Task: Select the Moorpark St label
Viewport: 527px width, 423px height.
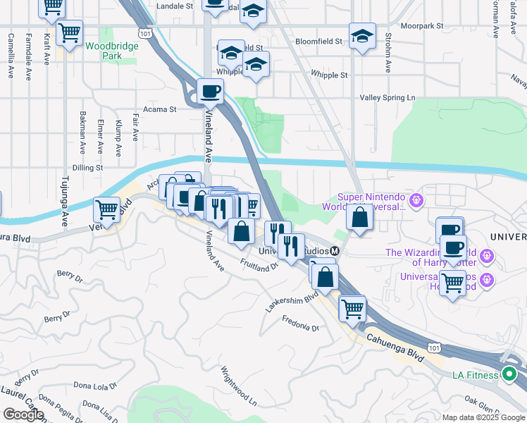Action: click(421, 25)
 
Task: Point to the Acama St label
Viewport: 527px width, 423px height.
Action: click(159, 109)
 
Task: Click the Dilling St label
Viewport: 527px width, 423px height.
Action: click(87, 168)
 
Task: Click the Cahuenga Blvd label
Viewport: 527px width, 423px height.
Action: click(395, 348)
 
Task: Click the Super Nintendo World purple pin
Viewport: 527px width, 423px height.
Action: click(416, 200)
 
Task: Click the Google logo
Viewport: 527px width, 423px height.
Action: click(23, 415)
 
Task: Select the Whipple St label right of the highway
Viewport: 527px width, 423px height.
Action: click(329, 75)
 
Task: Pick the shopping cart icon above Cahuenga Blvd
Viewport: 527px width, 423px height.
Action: click(352, 307)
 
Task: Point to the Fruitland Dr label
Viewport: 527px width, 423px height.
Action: click(259, 266)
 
